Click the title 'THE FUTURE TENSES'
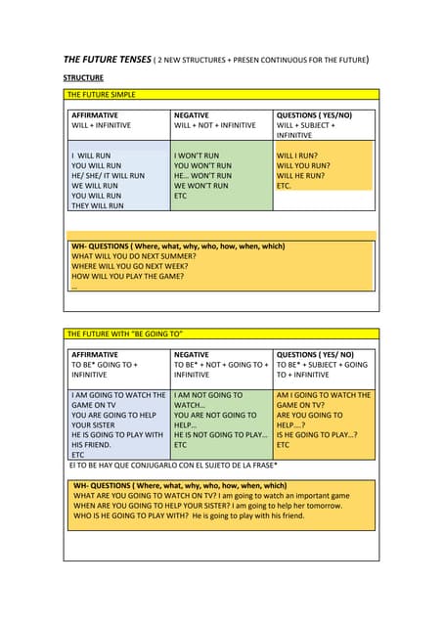click(x=107, y=60)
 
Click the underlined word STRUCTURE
click(x=84, y=77)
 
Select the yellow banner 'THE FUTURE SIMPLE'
click(x=102, y=95)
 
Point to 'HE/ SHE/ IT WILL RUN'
click(x=108, y=176)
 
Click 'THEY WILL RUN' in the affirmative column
click(x=98, y=206)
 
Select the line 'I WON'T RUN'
click(x=197, y=156)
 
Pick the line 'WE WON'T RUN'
click(x=200, y=186)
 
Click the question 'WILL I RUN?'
click(x=297, y=156)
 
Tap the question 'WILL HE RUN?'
click(x=302, y=176)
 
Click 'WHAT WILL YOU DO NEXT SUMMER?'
click(x=133, y=256)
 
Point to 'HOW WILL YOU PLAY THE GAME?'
click(x=128, y=277)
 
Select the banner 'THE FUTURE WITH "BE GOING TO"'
click(x=125, y=335)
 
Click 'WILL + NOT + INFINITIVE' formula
click(x=215, y=126)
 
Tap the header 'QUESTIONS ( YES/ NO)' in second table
click(x=315, y=354)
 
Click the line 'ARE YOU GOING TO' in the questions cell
click(x=309, y=415)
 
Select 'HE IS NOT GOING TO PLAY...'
click(x=220, y=434)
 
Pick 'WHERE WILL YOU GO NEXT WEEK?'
click(x=130, y=266)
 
